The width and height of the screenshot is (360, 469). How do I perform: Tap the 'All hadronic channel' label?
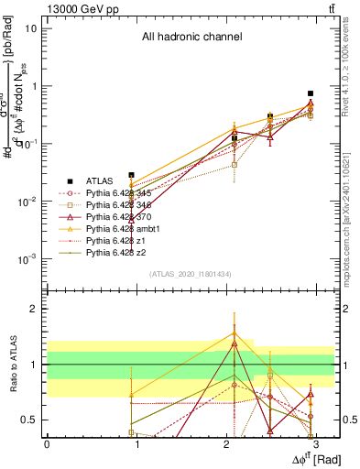191,38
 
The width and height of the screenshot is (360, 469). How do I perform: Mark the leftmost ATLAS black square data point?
132,175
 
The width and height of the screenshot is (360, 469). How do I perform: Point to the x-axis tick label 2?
226,443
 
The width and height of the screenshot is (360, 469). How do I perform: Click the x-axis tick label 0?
47,443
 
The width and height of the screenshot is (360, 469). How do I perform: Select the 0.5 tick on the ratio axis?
34,420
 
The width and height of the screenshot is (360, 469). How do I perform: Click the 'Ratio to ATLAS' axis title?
12,365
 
